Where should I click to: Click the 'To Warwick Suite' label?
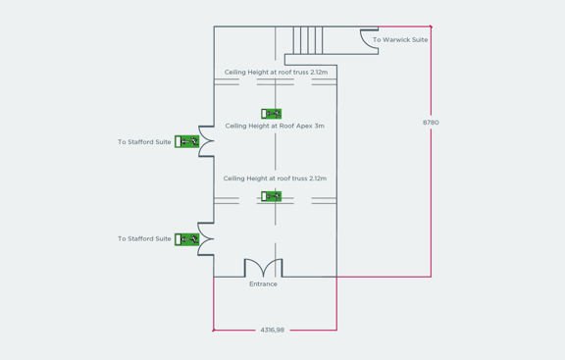tap(399, 40)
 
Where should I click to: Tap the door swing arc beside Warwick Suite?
tap(369, 39)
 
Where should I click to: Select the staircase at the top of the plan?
tap(308, 39)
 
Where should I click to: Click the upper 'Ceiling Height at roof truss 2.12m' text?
tap(275, 72)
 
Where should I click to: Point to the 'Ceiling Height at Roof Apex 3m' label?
tap(275, 126)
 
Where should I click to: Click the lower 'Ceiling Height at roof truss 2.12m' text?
tap(275, 179)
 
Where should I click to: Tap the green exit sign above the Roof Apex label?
tap(272, 114)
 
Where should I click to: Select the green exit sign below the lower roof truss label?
tap(272, 196)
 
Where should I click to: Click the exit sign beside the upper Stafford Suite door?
tap(186, 142)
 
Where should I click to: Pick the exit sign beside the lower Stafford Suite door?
tap(186, 239)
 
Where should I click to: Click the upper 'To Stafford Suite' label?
tap(144, 142)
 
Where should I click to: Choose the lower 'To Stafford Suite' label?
tap(144, 239)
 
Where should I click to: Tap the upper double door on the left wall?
tap(205, 141)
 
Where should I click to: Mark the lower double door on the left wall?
tap(205, 238)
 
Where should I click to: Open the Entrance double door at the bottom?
tap(263, 268)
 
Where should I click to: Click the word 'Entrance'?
tap(263, 284)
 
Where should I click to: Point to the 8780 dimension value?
tap(431, 123)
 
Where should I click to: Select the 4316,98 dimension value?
tap(272, 330)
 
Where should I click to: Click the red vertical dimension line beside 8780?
tap(431, 196)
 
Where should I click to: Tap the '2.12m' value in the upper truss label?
tap(318, 72)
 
